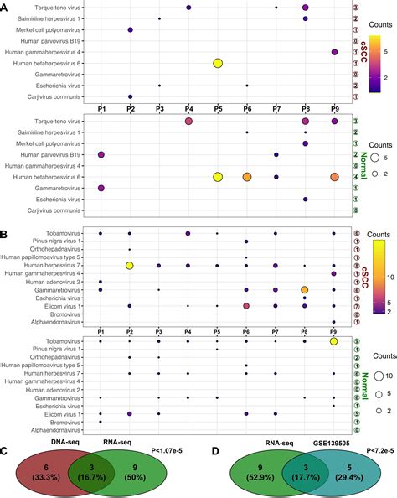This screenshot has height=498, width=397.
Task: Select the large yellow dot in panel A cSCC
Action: tap(218, 63)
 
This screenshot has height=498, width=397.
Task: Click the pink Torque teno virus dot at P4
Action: tap(188, 122)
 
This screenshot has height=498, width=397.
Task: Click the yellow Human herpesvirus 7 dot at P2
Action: tap(130, 265)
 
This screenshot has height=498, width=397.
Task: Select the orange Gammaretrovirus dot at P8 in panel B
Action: tap(305, 289)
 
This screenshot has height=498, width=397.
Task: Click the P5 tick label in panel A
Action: tap(218, 109)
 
